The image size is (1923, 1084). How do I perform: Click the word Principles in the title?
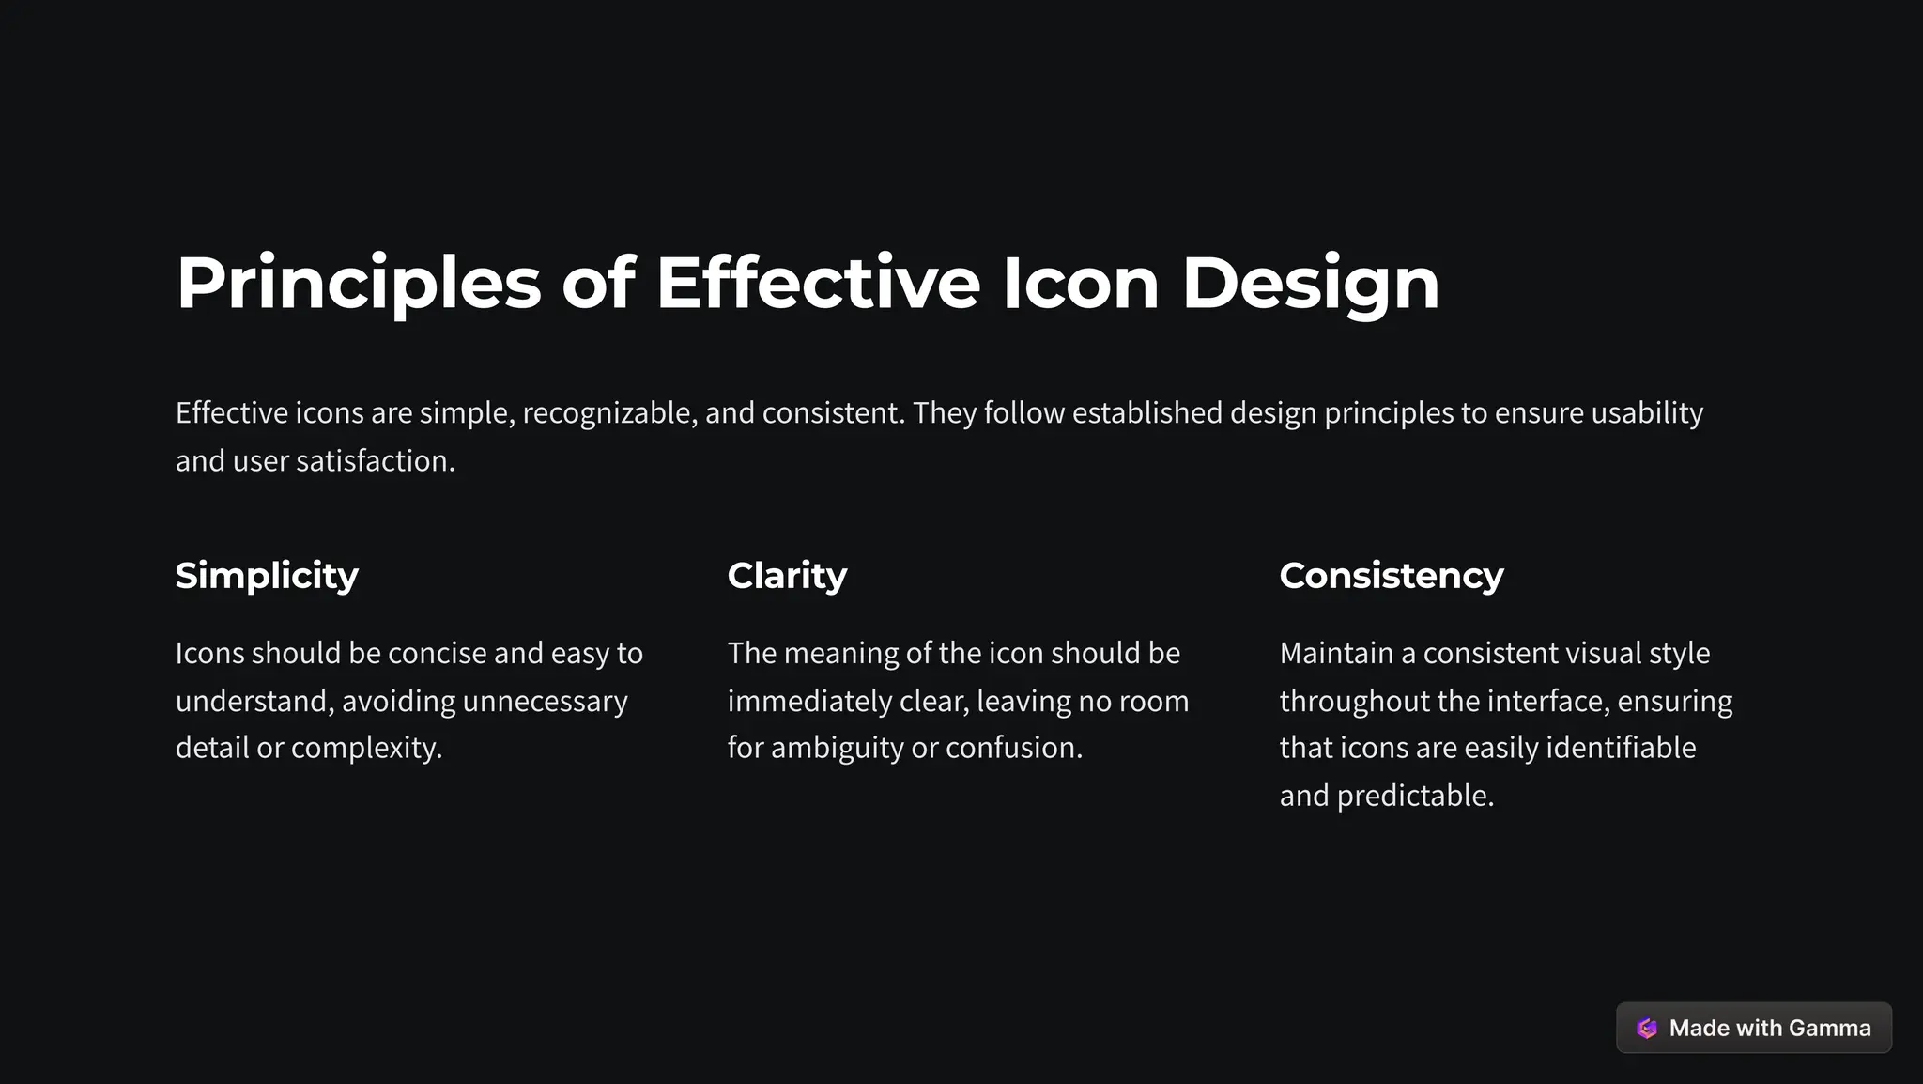(x=359, y=284)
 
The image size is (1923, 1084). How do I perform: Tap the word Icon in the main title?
(x=1080, y=284)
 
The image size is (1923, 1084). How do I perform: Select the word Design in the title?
(x=1310, y=284)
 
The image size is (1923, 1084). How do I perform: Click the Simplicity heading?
(x=267, y=575)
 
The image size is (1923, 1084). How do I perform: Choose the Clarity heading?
(x=787, y=575)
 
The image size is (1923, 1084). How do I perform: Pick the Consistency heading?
(x=1391, y=575)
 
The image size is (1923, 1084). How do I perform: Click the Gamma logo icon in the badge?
(x=1646, y=1028)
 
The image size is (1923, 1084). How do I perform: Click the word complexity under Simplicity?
(x=365, y=748)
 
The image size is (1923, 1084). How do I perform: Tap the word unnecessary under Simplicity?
(x=545, y=701)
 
